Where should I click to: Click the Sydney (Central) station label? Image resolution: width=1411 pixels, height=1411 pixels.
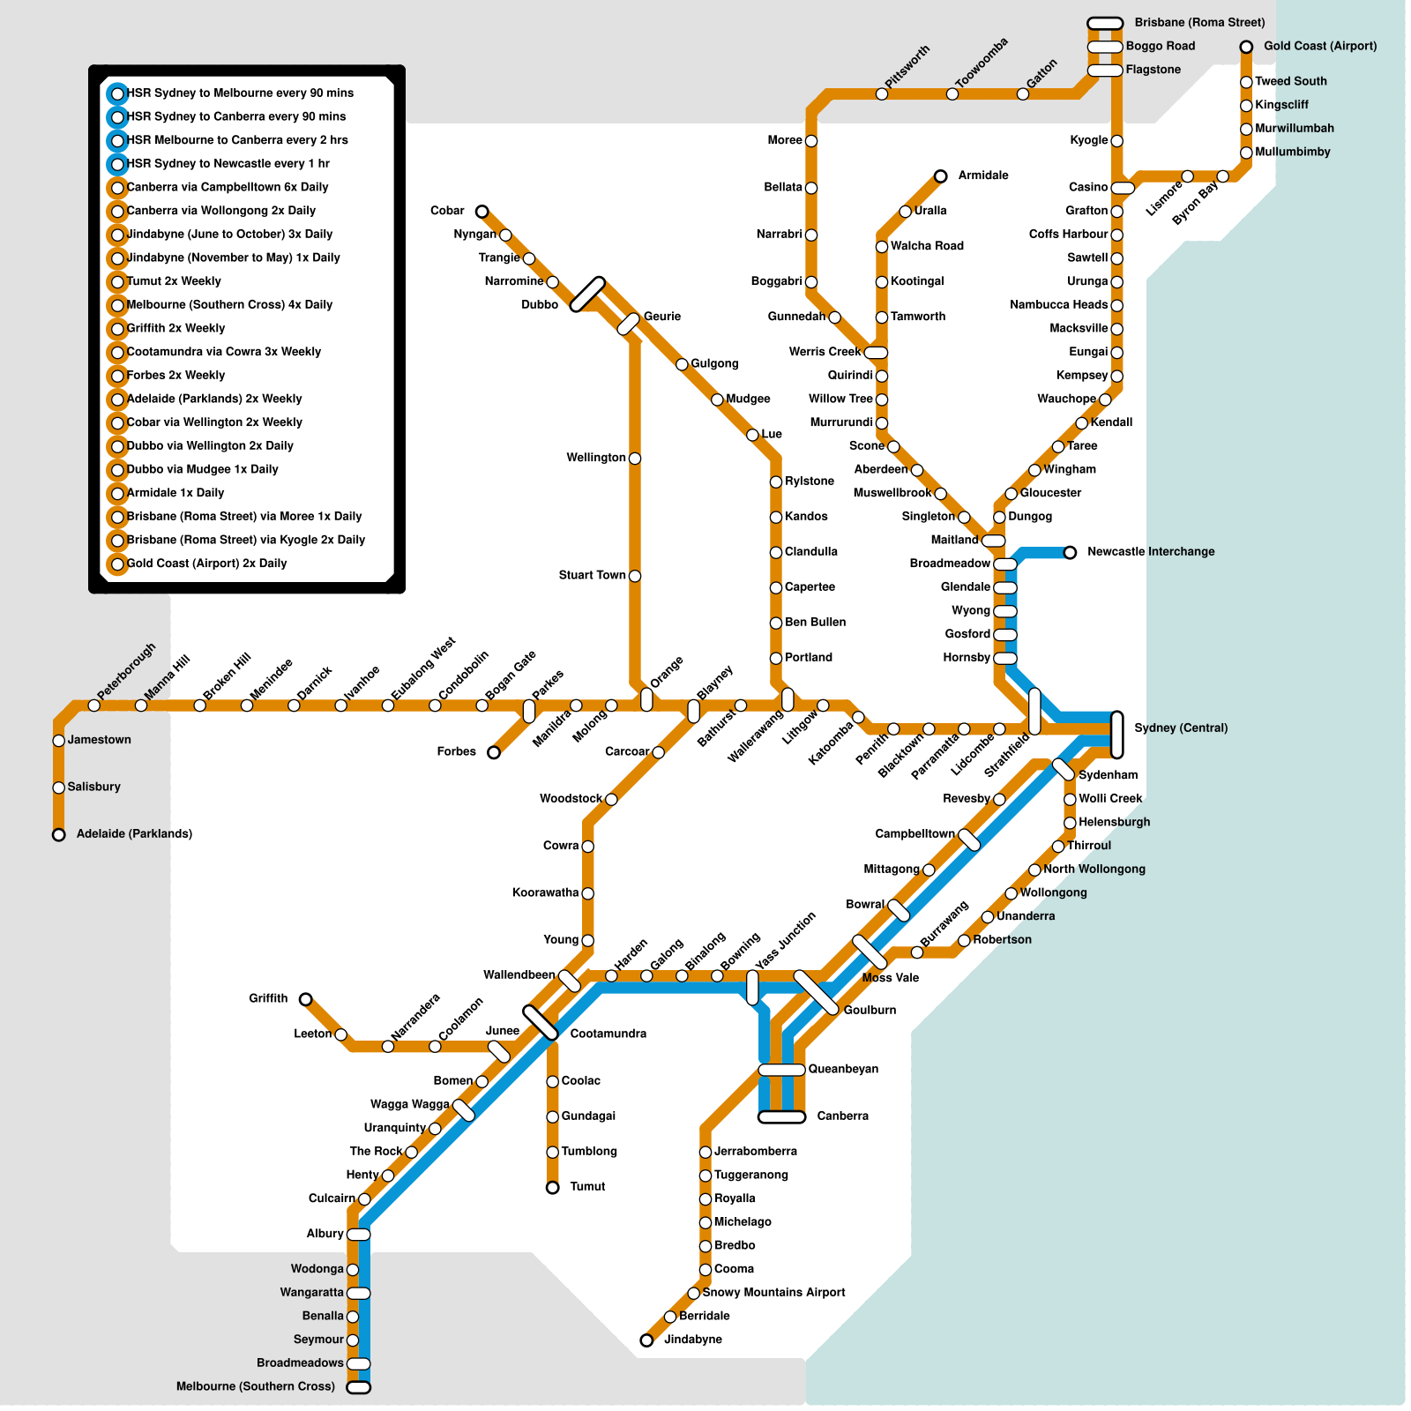[x=1180, y=728]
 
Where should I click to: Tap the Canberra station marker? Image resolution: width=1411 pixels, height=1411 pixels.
[x=781, y=1117]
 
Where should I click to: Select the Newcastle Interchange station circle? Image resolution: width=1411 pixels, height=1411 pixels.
[x=1070, y=553]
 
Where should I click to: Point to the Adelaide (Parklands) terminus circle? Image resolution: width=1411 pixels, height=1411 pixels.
[x=59, y=834]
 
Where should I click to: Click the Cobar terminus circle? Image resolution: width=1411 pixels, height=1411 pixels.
[x=482, y=212]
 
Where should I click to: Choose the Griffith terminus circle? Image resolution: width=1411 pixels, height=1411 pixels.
[x=305, y=999]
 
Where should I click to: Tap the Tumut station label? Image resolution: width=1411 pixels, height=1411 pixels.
[x=587, y=1187]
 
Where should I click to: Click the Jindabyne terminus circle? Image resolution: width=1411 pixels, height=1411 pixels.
[x=646, y=1340]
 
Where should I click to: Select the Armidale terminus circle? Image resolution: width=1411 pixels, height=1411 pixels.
[x=941, y=176]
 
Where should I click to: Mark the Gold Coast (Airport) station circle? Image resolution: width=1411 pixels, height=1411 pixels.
[x=1246, y=47]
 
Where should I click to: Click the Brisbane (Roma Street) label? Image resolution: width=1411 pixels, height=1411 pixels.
[x=1199, y=23]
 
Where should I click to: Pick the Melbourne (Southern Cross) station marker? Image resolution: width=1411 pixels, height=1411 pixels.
[x=359, y=1387]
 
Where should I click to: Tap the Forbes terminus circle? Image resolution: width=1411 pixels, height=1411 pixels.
[x=494, y=752]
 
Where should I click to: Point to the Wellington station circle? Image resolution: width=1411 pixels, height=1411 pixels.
[x=635, y=459]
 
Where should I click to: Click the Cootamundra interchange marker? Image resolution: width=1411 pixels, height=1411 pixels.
[x=541, y=1023]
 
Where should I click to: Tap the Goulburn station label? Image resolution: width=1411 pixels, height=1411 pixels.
[x=870, y=1011]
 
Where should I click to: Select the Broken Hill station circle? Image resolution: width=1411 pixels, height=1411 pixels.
[x=200, y=705]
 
